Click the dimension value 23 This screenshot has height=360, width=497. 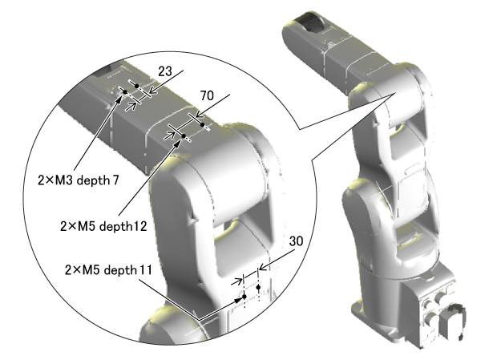click(165, 71)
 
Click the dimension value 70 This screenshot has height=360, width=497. click(207, 95)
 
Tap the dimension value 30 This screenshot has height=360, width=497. click(296, 241)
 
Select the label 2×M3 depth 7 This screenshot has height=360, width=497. click(79, 180)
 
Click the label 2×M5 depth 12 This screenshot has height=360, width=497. click(103, 226)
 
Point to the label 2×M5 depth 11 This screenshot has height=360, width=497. click(108, 270)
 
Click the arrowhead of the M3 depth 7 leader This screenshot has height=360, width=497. click(119, 98)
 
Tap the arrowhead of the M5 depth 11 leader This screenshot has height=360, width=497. click(239, 299)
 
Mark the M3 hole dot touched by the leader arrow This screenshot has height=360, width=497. click(125, 92)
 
